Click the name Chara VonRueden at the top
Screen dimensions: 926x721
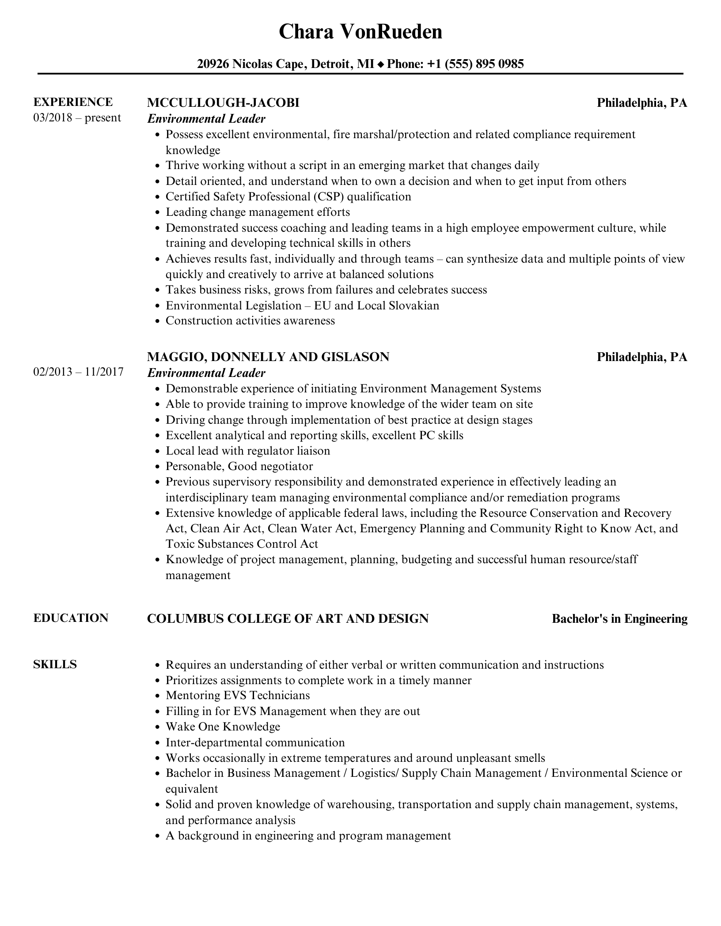[360, 32]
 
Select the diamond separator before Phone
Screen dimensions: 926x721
[381, 64]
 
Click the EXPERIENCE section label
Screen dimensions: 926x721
[73, 102]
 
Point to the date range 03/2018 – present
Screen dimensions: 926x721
[77, 118]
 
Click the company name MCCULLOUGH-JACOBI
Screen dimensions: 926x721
[223, 102]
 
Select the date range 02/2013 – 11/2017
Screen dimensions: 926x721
[78, 372]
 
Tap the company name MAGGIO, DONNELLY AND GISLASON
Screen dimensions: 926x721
[268, 357]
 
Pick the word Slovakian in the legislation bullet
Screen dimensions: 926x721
[414, 305]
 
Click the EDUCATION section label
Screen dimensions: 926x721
[71, 618]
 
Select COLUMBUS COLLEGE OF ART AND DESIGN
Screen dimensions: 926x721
[288, 618]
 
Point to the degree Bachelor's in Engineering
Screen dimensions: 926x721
[619, 619]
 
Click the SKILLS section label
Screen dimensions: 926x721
[55, 664]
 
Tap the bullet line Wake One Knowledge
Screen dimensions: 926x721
[223, 726]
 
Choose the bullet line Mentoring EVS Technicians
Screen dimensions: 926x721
[238, 695]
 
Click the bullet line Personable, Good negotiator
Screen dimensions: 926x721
[239, 466]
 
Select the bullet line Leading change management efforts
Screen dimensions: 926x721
[258, 212]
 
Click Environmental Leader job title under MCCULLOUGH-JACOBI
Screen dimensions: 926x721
[206, 118]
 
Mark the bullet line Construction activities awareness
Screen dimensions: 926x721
[250, 320]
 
